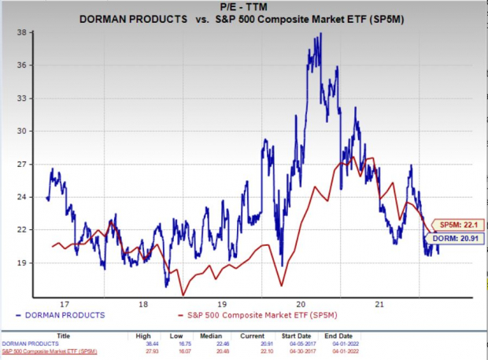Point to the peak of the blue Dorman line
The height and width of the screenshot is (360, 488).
click(x=320, y=34)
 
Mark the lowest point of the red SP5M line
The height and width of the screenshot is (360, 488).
click(x=183, y=295)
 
